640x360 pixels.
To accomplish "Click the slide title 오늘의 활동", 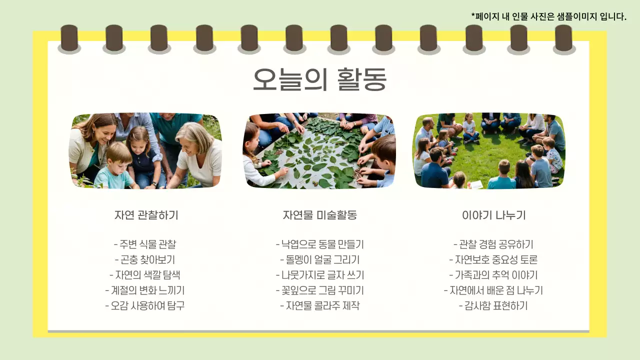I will [x=319, y=79].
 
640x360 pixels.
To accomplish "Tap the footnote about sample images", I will [x=548, y=16].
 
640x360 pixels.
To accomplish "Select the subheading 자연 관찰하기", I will [x=146, y=215].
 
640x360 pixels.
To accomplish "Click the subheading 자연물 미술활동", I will [x=319, y=215].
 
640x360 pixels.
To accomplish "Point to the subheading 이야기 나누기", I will [x=493, y=215].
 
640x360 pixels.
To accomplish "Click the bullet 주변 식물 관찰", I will [x=145, y=244].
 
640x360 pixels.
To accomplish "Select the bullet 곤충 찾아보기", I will [x=145, y=259].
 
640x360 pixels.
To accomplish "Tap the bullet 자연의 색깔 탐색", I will [x=145, y=275].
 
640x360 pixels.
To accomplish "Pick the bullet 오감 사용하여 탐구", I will [x=145, y=305].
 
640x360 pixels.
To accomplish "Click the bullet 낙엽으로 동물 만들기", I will [x=319, y=244].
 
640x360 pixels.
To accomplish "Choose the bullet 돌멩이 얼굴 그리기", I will [x=319, y=259].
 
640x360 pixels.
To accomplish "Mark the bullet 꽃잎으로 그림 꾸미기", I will [x=319, y=290].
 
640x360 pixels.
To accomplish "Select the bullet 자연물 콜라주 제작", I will [x=319, y=305].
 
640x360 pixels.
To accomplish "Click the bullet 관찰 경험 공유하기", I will [x=493, y=244].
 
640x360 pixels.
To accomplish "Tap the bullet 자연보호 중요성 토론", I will [x=493, y=259].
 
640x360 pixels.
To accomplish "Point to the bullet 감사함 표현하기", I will [x=493, y=305].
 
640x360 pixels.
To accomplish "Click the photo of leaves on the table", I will [x=319, y=150].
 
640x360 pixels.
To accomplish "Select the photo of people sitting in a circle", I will [x=489, y=150].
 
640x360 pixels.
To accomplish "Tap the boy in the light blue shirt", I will [x=115, y=167].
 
